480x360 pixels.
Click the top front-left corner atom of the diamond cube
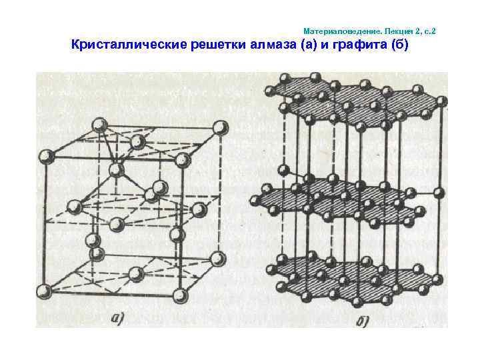click(47, 157)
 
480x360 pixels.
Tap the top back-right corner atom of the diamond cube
click(219, 127)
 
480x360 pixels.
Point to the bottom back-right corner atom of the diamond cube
click(217, 257)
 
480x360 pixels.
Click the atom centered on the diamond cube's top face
click(138, 141)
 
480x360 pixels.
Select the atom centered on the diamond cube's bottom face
click(135, 273)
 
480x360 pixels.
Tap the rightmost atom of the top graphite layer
click(441, 100)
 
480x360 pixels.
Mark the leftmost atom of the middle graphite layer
click(254, 200)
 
